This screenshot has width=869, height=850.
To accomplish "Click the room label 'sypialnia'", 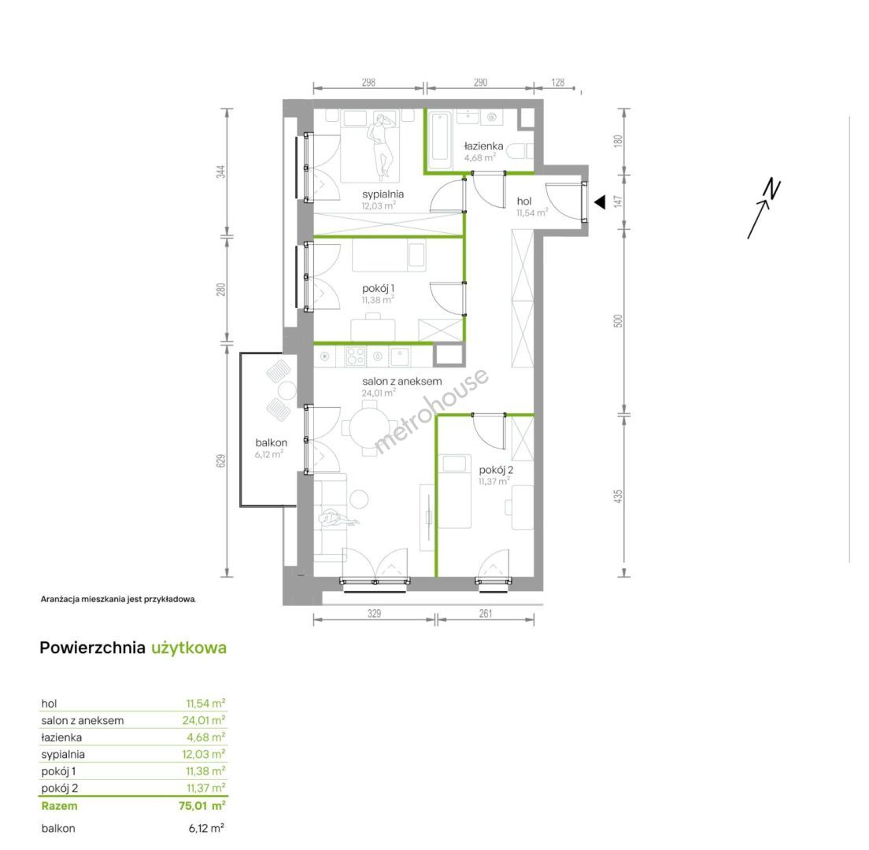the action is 383,194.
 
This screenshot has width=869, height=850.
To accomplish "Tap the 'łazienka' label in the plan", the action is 483,146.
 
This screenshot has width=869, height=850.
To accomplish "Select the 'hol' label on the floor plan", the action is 523,201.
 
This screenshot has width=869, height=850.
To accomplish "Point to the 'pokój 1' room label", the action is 378,289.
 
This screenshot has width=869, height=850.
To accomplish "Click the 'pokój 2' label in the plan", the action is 495,470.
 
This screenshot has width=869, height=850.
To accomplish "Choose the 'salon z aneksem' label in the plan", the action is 401,381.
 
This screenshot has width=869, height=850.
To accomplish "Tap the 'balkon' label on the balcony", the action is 271,443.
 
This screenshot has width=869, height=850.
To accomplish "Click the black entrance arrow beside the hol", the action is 600,203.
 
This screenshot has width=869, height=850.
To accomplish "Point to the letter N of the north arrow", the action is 772,189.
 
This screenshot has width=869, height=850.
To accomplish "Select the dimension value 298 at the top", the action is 368,83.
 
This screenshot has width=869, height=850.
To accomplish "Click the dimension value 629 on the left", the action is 220,460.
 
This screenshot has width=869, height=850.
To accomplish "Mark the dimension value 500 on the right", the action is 618,321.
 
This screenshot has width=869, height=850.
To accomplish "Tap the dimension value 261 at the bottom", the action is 486,613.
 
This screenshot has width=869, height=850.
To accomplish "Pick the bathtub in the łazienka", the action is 441,139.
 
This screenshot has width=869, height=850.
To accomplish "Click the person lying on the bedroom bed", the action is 381,145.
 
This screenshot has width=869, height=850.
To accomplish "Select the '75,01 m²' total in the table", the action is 202,806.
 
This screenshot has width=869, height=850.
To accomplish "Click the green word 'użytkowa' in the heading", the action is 189,649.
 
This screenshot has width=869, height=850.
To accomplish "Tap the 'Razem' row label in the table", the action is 59,806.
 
